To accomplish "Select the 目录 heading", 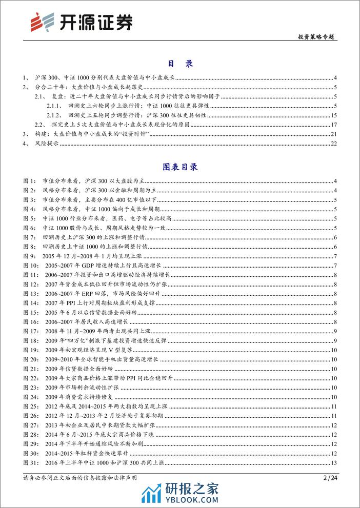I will (179, 64).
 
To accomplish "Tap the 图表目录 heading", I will (179, 167).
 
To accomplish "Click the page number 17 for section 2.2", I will (333, 125).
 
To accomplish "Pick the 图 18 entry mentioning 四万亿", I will (118, 340).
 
